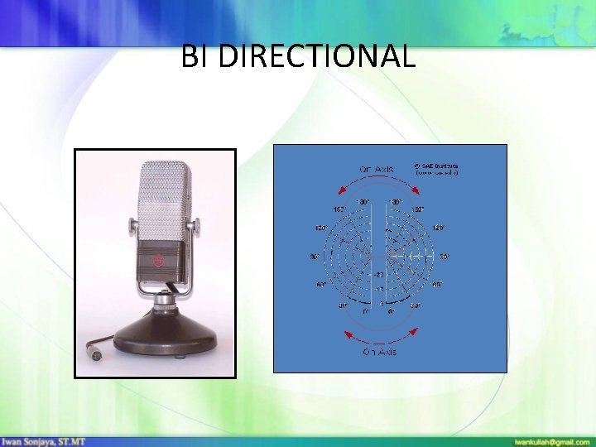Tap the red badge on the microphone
[159, 263]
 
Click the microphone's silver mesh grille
[164, 199]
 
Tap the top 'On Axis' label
[377, 170]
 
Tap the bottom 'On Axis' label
[379, 352]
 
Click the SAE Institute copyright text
[436, 169]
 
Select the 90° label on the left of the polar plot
[315, 257]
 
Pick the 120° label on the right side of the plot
[439, 227]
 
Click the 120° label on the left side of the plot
[320, 227]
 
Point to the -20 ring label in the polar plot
[377, 274]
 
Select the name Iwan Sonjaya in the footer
[37, 441]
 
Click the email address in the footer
[552, 441]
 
